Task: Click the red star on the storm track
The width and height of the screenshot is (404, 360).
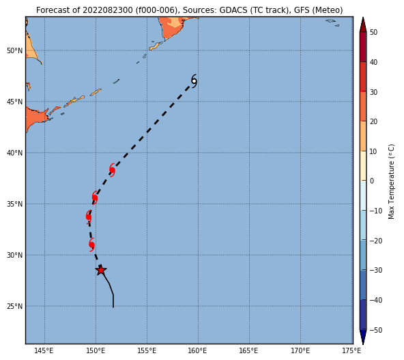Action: click(x=101, y=270)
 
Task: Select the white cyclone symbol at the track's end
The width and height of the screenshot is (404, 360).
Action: click(x=194, y=81)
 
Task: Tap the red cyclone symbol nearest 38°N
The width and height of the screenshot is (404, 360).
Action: click(x=112, y=170)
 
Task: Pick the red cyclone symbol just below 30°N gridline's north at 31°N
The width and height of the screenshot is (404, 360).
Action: click(x=91, y=245)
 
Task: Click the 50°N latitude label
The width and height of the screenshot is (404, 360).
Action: click(x=15, y=50)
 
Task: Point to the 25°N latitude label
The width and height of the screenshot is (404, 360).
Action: click(x=15, y=306)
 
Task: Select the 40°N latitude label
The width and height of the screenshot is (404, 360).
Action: click(x=15, y=153)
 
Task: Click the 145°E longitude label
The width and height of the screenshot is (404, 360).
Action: click(x=44, y=350)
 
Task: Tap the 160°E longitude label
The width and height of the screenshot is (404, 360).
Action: click(x=198, y=350)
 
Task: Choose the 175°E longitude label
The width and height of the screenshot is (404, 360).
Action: click(x=352, y=350)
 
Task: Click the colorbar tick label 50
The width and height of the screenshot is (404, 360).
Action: click(x=373, y=33)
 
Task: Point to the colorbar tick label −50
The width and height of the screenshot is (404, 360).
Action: click(x=376, y=330)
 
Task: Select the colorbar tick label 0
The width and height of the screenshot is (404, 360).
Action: click(x=372, y=181)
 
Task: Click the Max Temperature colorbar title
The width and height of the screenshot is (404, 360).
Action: click(x=392, y=181)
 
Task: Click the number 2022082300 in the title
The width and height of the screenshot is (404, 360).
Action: click(x=107, y=10)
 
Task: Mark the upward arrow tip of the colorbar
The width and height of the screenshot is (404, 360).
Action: click(x=363, y=18)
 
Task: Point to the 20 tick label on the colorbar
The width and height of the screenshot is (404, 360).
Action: click(x=373, y=121)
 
